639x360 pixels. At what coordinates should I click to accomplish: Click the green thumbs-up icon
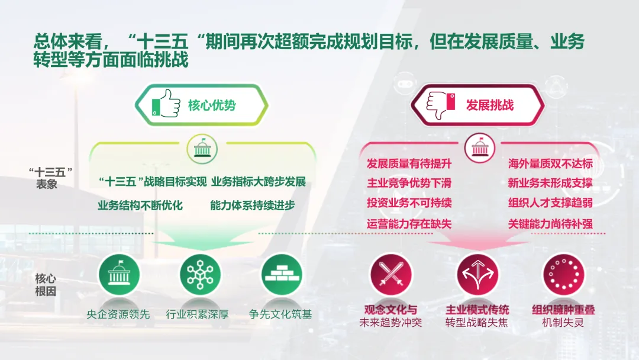pyautogui.click(x=166, y=104)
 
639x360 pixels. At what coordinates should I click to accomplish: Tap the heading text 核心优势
pyautogui.click(x=212, y=105)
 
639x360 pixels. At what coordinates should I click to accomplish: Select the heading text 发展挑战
pyautogui.click(x=490, y=105)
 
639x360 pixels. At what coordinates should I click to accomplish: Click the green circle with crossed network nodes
pyautogui.click(x=200, y=274)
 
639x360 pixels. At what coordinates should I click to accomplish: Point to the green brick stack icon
pyautogui.click(x=282, y=274)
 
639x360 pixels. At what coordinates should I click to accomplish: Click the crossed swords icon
pyautogui.click(x=391, y=274)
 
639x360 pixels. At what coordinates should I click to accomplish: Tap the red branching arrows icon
pyautogui.click(x=477, y=274)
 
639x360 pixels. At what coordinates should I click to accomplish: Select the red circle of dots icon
pyautogui.click(x=564, y=274)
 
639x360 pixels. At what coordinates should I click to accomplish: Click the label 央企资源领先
pyautogui.click(x=118, y=314)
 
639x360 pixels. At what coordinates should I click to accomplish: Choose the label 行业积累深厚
pyautogui.click(x=197, y=314)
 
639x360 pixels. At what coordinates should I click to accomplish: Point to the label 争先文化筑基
pyautogui.click(x=280, y=314)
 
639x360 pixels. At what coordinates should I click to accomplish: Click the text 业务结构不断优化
pyautogui.click(x=140, y=205)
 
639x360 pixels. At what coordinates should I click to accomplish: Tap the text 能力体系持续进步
pyautogui.click(x=253, y=205)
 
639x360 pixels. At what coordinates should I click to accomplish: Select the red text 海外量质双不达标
pyautogui.click(x=550, y=164)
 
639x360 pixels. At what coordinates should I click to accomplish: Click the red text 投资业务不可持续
pyautogui.click(x=409, y=202)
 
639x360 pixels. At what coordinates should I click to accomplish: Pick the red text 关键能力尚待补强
pyautogui.click(x=550, y=224)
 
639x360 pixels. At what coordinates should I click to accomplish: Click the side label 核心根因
pyautogui.click(x=45, y=285)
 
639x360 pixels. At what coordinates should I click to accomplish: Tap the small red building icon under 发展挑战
pyautogui.click(x=480, y=148)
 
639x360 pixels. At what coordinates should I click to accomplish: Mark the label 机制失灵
pyautogui.click(x=563, y=323)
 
